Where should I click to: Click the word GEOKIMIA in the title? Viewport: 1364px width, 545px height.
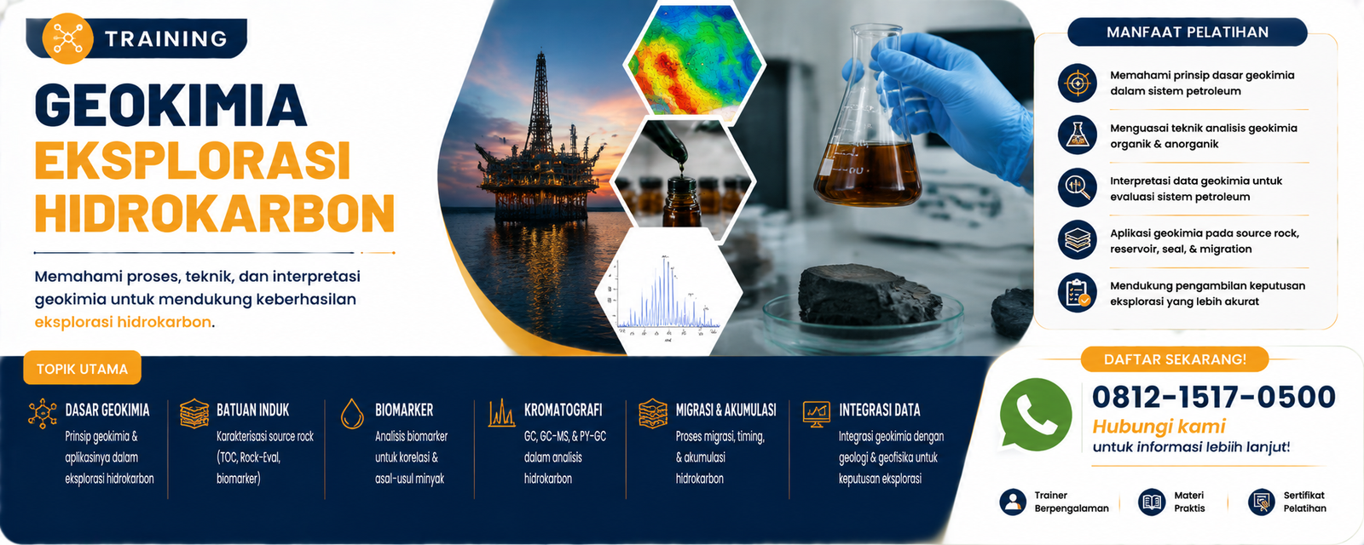(x=171, y=105)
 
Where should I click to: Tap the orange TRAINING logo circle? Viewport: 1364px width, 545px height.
(x=67, y=38)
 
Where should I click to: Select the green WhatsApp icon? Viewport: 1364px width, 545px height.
(x=1036, y=415)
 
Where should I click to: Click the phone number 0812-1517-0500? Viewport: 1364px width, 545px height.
(x=1214, y=397)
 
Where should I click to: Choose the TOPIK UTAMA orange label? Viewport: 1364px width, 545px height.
(x=82, y=369)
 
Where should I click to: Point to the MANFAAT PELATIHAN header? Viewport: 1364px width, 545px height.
(x=1188, y=32)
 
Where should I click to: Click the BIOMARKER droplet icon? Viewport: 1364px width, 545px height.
(x=352, y=413)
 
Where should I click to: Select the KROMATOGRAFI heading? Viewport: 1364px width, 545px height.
(x=564, y=410)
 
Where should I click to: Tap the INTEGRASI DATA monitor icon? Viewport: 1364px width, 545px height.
(x=816, y=414)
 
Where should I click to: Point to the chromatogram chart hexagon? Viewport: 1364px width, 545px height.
(x=668, y=293)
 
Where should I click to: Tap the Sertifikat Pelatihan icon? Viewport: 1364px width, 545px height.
(x=1261, y=502)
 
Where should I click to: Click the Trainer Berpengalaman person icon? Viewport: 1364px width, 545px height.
(x=1013, y=502)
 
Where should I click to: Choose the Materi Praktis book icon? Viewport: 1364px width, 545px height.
(x=1152, y=502)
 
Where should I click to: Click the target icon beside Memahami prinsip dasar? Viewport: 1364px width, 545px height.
(x=1078, y=83)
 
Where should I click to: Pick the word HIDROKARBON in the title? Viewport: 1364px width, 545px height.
(x=215, y=212)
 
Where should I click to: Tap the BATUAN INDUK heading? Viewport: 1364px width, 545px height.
(x=252, y=410)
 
